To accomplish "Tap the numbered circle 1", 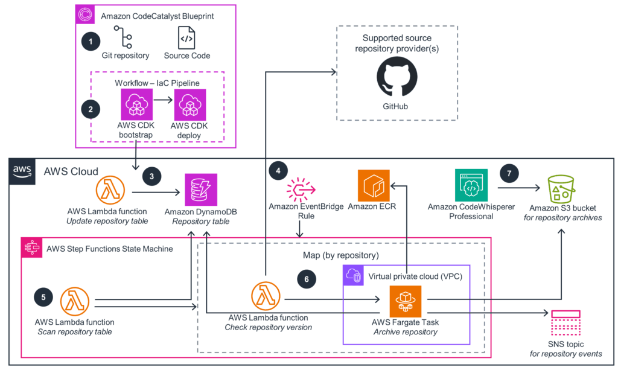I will click(x=91, y=42).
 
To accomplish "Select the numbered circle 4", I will click(x=278, y=171).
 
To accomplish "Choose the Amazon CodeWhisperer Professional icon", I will click(x=471, y=185).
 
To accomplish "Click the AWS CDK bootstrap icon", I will click(x=137, y=105).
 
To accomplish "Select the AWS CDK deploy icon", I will click(x=190, y=105).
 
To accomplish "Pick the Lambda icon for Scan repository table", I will click(x=75, y=301).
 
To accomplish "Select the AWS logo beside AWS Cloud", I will click(x=22, y=171).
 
